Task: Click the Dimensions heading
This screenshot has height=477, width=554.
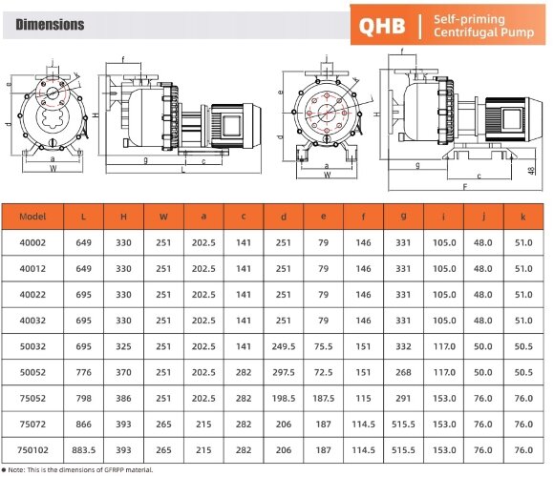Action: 50,25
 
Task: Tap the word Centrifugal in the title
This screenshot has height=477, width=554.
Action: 466,34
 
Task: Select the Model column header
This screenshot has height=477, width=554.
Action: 32,218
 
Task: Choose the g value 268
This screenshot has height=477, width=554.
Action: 404,366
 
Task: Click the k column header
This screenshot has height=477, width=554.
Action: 523,218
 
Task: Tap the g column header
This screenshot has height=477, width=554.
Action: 404,218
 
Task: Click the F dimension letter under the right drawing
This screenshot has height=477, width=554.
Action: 464,188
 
